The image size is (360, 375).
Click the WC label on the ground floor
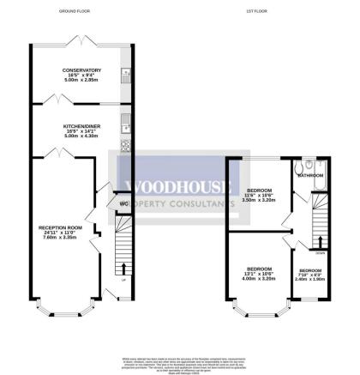coord(123,203)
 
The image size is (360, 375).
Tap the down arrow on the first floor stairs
coord(321,243)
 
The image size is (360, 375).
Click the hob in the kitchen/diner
coord(125,145)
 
